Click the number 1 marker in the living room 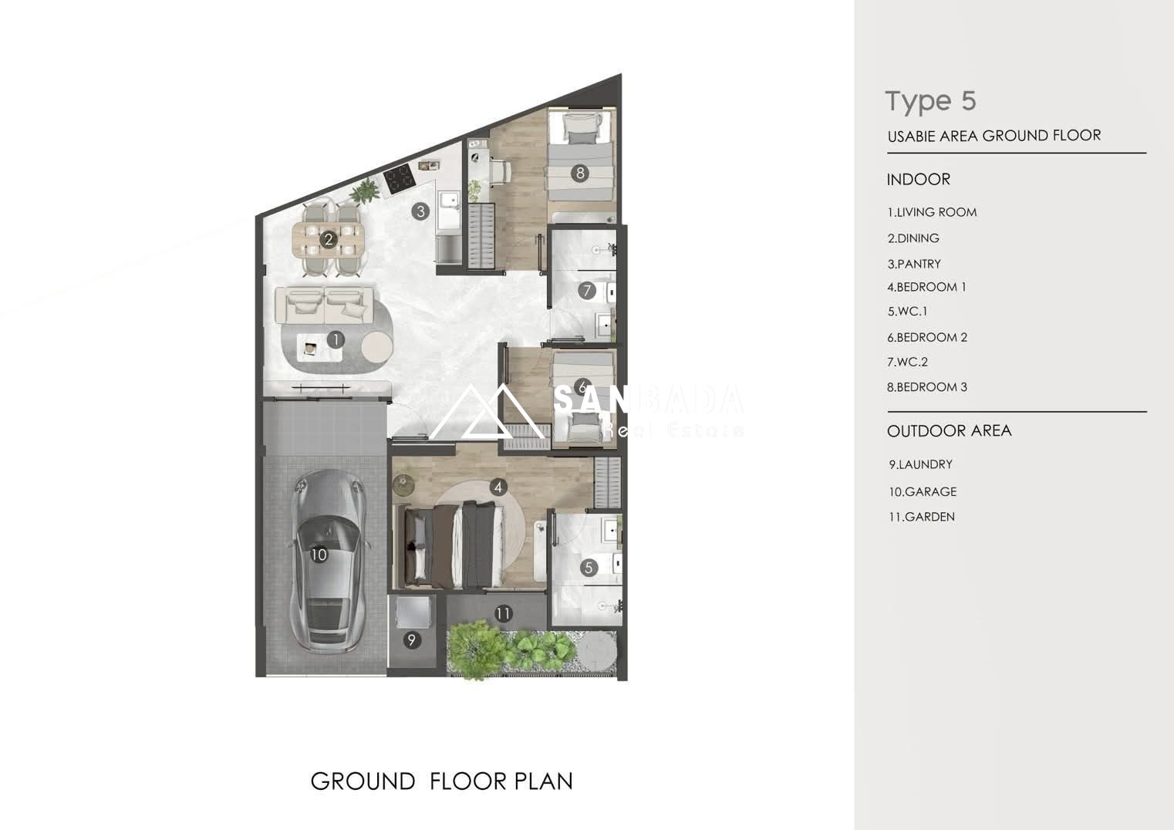[x=336, y=339]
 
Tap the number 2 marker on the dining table [x=329, y=239]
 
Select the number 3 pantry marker [x=420, y=211]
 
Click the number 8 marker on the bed [x=580, y=173]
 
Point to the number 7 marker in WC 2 [x=587, y=290]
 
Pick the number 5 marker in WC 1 [x=589, y=568]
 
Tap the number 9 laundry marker [x=412, y=639]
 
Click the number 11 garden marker [x=503, y=613]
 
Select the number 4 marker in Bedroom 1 [x=498, y=488]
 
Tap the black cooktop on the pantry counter [x=400, y=179]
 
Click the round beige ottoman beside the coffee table [x=377, y=347]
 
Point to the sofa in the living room [x=325, y=305]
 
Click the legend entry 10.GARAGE [x=923, y=491]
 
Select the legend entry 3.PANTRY [x=914, y=264]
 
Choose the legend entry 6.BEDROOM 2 [x=927, y=337]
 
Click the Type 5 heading [x=931, y=102]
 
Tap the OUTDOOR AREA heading [x=950, y=430]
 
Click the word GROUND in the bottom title [x=363, y=781]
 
